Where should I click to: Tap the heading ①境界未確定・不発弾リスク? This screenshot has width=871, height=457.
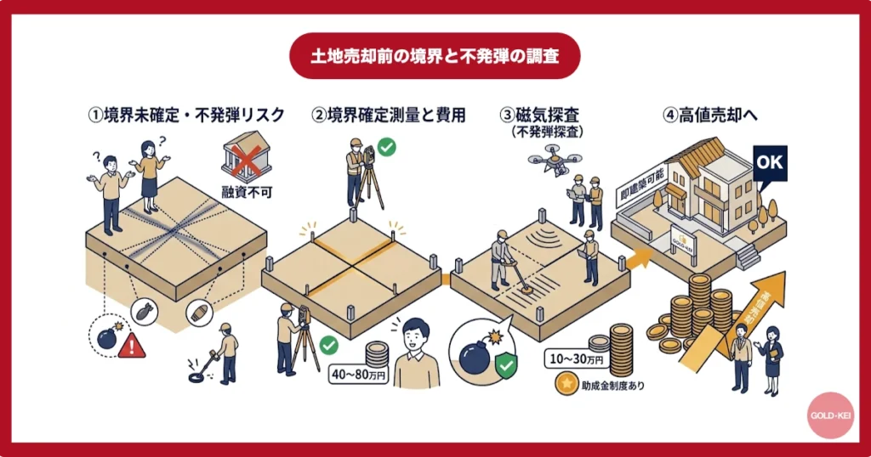tap(185, 116)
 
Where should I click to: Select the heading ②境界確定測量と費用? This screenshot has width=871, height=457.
tap(388, 116)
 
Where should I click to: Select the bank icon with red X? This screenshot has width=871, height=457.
tap(246, 161)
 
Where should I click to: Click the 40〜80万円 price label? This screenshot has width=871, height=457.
tap(358, 374)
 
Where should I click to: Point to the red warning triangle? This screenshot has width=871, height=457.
tap(131, 344)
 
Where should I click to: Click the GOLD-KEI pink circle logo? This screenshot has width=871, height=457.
tap(830, 415)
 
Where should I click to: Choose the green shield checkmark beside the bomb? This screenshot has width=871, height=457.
tap(508, 365)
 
